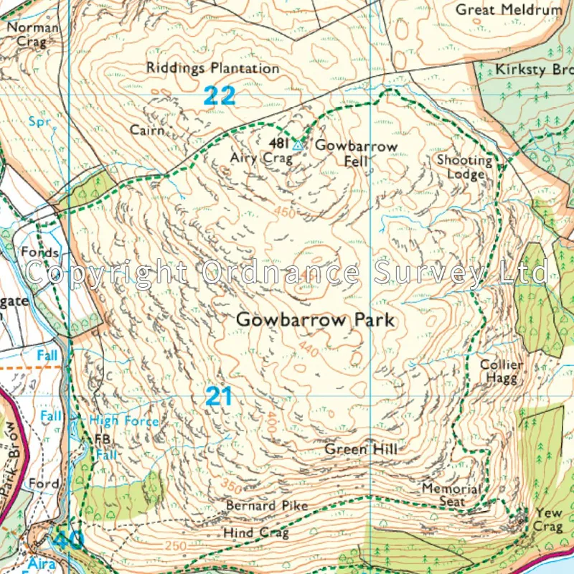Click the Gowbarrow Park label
[x=316, y=320]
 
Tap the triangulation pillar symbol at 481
[x=298, y=146]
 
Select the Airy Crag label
[x=261, y=158]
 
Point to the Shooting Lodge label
[x=465, y=167]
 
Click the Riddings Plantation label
[x=212, y=69]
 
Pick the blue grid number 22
[x=219, y=95]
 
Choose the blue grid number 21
[x=219, y=396]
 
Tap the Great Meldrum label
[x=509, y=10]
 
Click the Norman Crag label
[x=33, y=34]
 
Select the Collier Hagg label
[x=502, y=372]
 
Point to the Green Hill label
[x=361, y=450]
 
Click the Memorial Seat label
[x=452, y=495]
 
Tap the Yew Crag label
[x=547, y=520]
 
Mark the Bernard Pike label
[x=267, y=506]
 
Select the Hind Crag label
[x=256, y=533]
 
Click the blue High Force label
[x=123, y=421]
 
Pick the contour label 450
[x=284, y=212]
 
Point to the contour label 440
[x=309, y=349]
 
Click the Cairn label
[x=147, y=131]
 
